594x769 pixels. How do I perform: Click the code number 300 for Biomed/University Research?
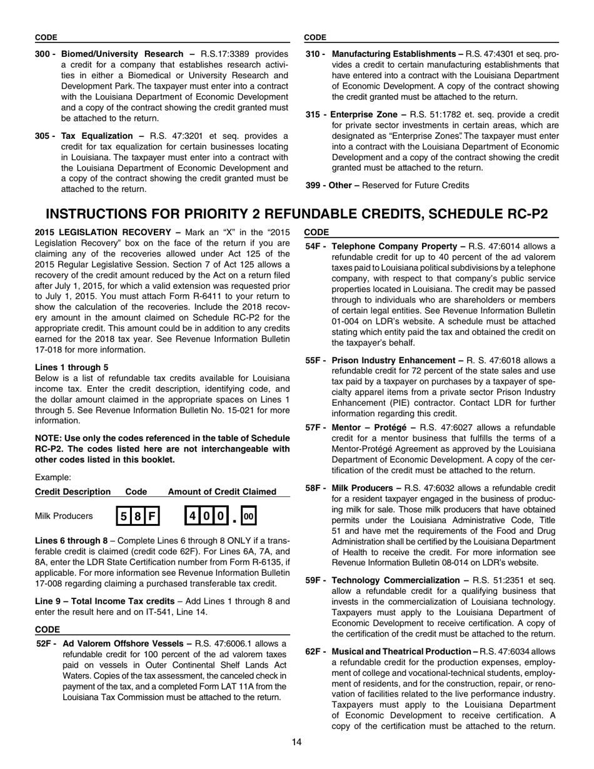click(43, 54)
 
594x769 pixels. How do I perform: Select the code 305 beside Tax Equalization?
click(43, 136)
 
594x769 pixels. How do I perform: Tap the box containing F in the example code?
click(151, 516)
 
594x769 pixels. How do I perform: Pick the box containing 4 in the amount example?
click(193, 516)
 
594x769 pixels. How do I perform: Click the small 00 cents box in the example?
click(248, 516)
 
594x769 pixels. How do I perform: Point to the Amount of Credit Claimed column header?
click(222, 491)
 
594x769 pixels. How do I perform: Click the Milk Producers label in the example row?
click(64, 516)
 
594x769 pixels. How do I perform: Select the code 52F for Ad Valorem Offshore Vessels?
click(47, 643)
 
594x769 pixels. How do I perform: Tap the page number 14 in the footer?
click(296, 742)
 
